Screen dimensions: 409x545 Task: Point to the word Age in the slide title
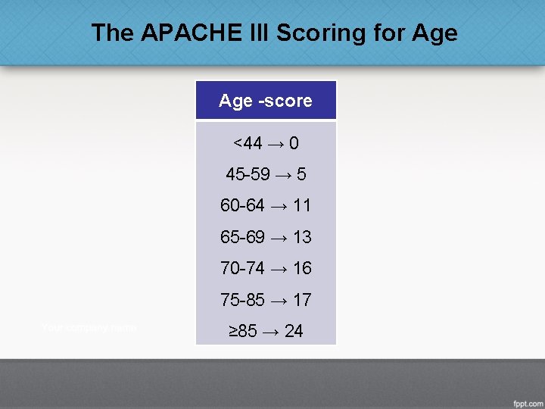click(435, 33)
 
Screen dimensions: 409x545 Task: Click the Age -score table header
click(266, 101)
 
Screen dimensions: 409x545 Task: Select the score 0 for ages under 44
click(294, 143)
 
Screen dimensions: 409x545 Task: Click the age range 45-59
click(248, 174)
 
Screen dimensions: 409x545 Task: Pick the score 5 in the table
click(301, 174)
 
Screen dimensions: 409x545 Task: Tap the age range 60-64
click(243, 205)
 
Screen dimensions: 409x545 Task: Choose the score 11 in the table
click(302, 205)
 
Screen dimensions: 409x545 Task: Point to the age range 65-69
click(243, 237)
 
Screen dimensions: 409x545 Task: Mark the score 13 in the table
click(302, 237)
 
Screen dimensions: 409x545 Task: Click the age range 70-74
click(243, 268)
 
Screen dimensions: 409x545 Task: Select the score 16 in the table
click(302, 268)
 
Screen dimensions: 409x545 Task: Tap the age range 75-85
click(243, 300)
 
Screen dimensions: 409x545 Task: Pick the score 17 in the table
click(302, 300)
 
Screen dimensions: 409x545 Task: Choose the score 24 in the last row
click(294, 331)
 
